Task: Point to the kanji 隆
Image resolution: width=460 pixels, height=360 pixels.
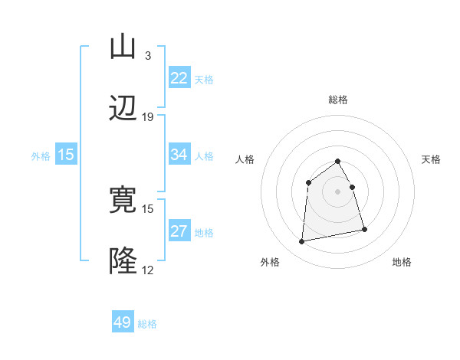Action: (123, 260)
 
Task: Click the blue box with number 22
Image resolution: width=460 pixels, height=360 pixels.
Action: (179, 78)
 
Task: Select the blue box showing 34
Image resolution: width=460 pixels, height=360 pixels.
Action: (179, 155)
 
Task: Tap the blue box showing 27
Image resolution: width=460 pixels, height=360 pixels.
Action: (179, 231)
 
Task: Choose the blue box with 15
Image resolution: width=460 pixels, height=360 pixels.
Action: (66, 155)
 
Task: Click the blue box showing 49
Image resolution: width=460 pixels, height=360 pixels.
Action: (123, 322)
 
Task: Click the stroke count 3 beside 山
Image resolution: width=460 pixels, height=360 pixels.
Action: (147, 55)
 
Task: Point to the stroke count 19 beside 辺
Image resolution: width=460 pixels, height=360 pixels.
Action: (148, 116)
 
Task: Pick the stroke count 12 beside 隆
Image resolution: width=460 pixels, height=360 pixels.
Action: (148, 270)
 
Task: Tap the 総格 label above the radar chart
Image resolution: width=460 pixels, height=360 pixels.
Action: (338, 100)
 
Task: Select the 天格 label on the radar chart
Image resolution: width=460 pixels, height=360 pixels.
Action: (431, 159)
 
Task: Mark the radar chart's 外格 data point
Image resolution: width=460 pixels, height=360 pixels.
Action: (302, 242)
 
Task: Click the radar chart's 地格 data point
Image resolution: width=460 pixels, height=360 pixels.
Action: (364, 229)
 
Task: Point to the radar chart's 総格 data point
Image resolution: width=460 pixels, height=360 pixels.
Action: (338, 161)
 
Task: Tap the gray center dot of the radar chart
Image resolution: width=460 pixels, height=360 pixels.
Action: (338, 191)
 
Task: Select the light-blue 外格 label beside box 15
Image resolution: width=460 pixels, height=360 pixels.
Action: (41, 155)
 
